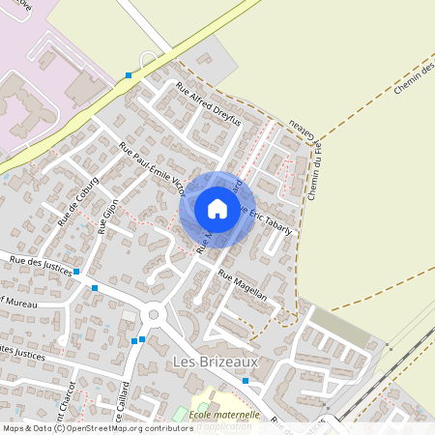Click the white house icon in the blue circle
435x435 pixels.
[217, 208]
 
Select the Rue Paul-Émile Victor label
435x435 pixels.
[152, 169]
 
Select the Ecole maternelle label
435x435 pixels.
[224, 416]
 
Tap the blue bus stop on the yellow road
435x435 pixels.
[129, 74]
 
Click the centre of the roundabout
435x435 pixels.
[153, 315]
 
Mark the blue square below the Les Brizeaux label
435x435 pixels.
[246, 381]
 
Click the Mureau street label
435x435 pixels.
[19, 301]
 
